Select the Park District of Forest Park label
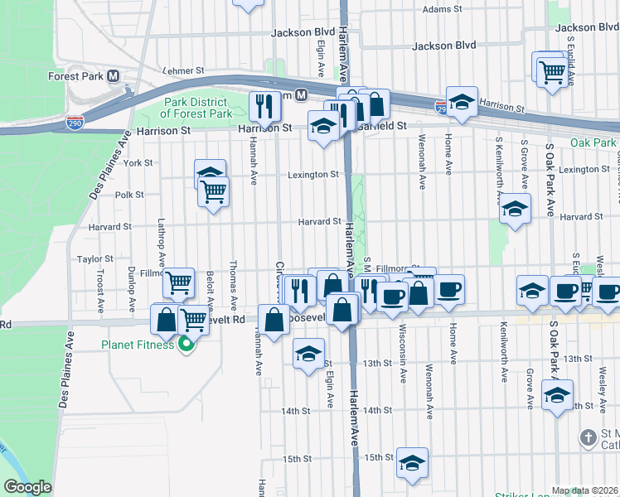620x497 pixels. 196,108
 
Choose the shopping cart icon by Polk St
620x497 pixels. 214,192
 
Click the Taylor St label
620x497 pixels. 94,259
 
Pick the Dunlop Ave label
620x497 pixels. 131,286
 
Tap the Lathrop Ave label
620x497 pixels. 161,247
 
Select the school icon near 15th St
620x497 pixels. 412,463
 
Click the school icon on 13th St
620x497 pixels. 308,354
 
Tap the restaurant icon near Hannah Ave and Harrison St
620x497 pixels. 265,105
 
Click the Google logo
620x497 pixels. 27,488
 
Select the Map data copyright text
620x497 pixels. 584,490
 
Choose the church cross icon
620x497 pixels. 588,437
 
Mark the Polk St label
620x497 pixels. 129,195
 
